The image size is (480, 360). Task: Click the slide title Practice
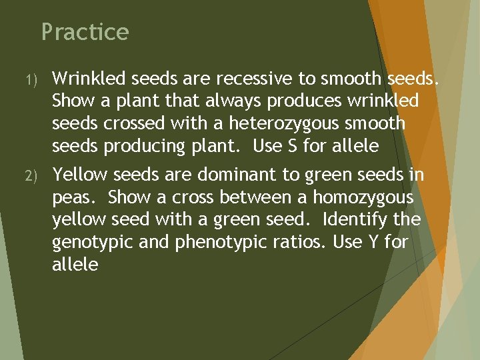[85, 32]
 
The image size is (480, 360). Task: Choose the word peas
[75, 198]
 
